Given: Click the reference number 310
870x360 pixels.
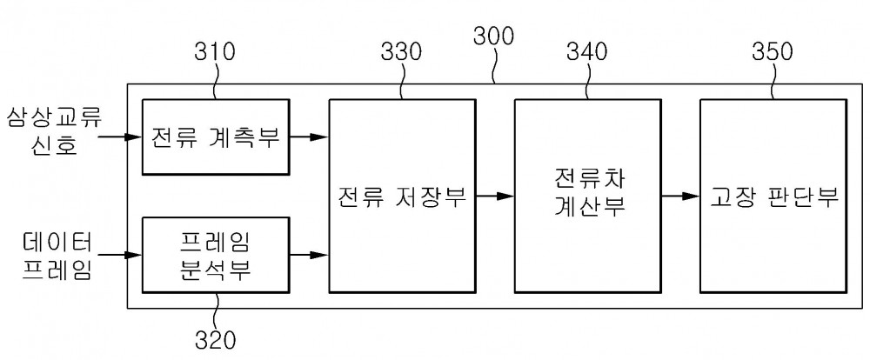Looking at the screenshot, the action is click(x=215, y=51).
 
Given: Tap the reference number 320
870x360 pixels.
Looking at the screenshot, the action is click(x=215, y=338).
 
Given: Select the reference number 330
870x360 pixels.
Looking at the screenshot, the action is click(x=400, y=51).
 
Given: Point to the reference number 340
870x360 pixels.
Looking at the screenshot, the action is click(x=586, y=51).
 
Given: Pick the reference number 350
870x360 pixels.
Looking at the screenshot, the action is click(x=773, y=51).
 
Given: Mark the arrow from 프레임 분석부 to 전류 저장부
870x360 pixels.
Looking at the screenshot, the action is click(x=309, y=255).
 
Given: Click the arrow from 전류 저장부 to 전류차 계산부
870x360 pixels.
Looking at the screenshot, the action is click(x=495, y=196).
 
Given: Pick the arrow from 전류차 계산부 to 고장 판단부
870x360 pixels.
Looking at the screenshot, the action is click(x=680, y=196).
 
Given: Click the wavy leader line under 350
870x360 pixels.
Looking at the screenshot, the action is click(x=773, y=81).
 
